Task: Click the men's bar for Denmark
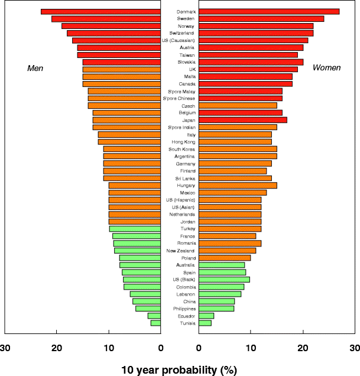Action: pos(100,12)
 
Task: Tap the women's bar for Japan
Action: pos(243,120)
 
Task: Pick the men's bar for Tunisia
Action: pos(155,323)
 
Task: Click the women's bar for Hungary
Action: pos(238,185)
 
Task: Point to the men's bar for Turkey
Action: pos(135,229)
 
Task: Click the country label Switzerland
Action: pos(180,33)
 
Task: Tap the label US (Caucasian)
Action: pos(180,40)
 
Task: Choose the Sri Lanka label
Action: pos(180,178)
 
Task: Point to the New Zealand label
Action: pos(180,251)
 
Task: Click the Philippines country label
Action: pos(180,309)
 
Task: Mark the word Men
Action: pos(35,68)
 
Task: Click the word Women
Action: pos(326,68)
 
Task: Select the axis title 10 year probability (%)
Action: pos(179,370)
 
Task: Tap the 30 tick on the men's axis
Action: pos(5,348)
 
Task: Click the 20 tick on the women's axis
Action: pos(303,348)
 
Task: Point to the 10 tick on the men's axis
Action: pos(109,348)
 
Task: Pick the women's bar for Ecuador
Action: pos(206,316)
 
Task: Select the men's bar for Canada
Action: pos(121,84)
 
